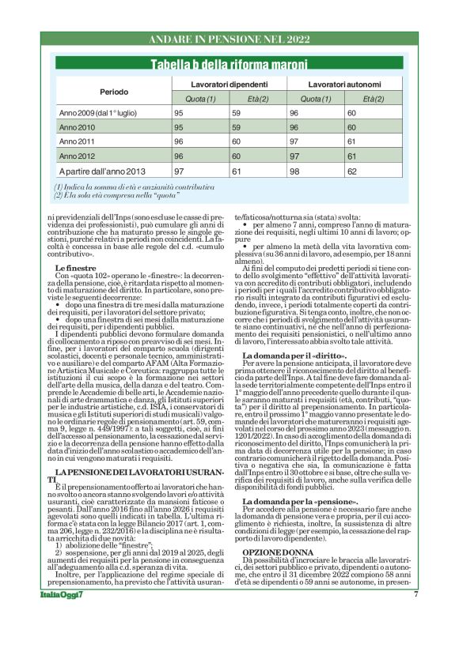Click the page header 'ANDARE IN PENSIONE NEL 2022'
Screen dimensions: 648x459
pyautogui.click(x=229, y=38)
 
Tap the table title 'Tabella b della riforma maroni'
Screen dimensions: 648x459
pyautogui.click(x=229, y=63)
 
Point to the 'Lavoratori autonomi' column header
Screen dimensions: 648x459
pyautogui.click(x=344, y=84)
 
